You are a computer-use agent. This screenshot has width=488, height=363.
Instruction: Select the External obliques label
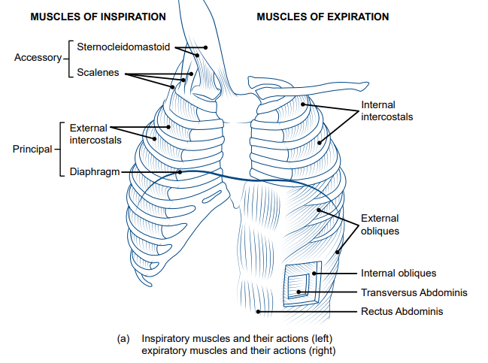tap(380, 224)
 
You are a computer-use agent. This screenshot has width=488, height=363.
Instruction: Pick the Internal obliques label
tap(399, 273)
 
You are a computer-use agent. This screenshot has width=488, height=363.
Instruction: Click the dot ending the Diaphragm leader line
tap(180, 171)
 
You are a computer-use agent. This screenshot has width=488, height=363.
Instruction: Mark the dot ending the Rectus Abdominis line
tap(258, 310)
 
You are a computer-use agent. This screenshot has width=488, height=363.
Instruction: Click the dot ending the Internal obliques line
tap(315, 274)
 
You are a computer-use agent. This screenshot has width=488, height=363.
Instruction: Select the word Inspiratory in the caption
tap(166, 339)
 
